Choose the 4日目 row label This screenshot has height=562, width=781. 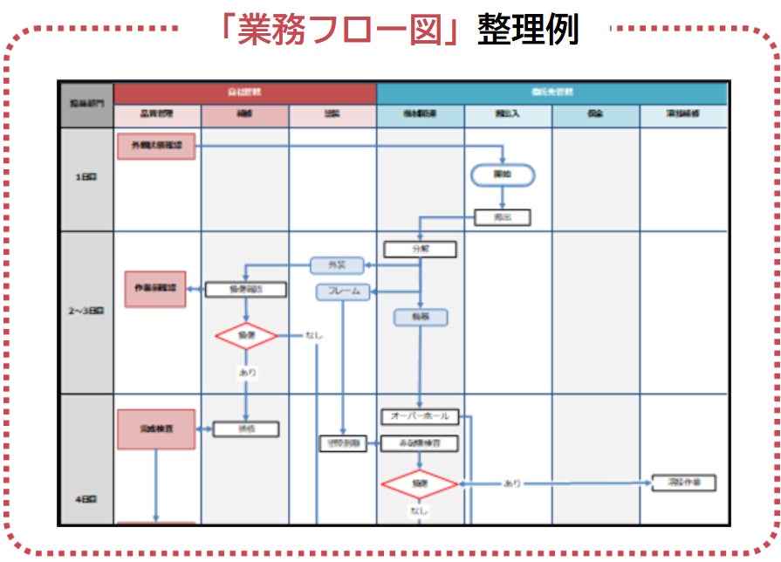(x=86, y=499)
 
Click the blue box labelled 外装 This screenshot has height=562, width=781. (x=336, y=265)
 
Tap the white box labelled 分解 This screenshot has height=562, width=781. (x=421, y=249)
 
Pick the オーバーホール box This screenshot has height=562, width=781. (x=421, y=417)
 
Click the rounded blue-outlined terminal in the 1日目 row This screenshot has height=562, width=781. (x=503, y=175)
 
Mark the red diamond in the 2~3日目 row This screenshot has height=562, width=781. (x=246, y=335)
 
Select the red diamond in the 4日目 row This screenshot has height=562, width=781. (x=421, y=483)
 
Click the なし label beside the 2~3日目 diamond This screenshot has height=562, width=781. (x=313, y=335)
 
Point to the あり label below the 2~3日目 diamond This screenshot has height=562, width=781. (x=247, y=372)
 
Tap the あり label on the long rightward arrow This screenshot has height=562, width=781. (x=512, y=483)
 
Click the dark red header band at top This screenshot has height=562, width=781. (x=245, y=93)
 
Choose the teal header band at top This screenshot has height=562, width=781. (x=551, y=93)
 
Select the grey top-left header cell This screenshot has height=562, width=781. (x=86, y=105)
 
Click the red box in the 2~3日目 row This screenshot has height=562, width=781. (x=155, y=289)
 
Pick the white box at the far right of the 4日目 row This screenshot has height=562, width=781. (x=683, y=483)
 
